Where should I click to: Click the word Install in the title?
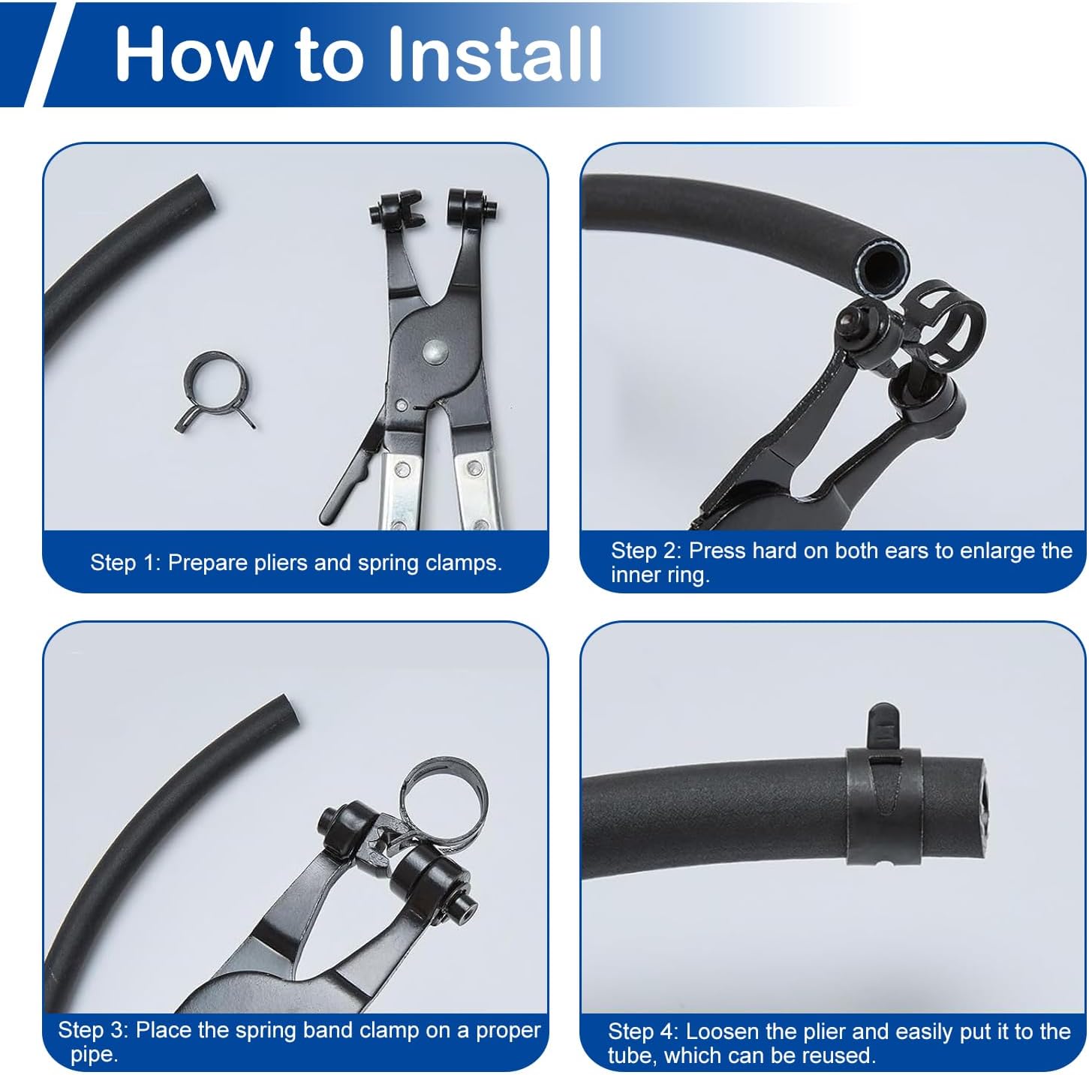click(x=495, y=55)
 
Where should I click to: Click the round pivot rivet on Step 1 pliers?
click(x=435, y=352)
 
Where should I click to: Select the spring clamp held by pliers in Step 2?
click(x=943, y=323)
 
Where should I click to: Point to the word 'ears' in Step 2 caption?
click(x=907, y=551)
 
